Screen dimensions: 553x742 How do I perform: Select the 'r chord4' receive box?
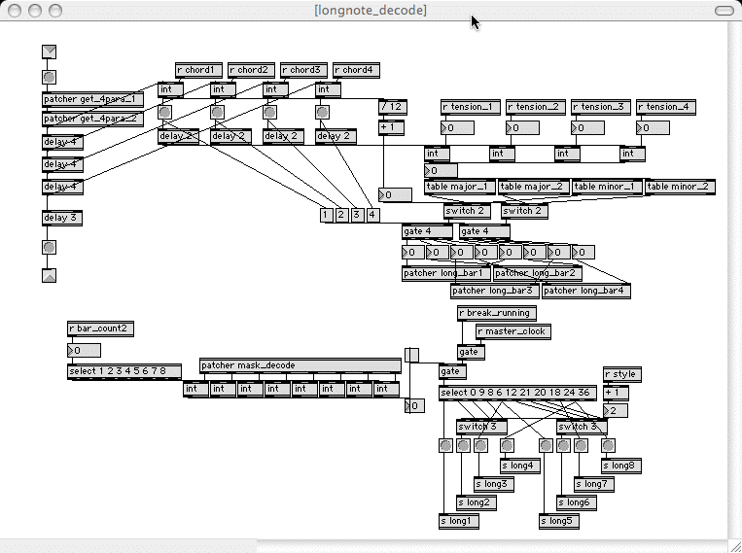pos(357,70)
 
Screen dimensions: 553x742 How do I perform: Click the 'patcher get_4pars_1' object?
pos(92,99)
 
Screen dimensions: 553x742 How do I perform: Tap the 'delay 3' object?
pos(62,219)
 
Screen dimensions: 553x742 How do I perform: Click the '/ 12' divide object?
pos(392,106)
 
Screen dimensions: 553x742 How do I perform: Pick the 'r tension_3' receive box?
pos(601,107)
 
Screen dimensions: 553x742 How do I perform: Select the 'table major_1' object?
pos(460,187)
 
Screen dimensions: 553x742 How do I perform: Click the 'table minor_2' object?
pos(680,187)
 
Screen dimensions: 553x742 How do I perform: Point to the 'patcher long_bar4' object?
pos(586,291)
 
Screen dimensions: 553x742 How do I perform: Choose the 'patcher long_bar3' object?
pos(494,291)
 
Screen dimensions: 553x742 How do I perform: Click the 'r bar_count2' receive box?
pos(100,329)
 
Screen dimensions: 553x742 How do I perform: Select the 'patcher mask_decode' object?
pos(300,365)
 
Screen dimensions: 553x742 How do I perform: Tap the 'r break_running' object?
pos(496,313)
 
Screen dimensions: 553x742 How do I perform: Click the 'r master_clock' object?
pos(512,331)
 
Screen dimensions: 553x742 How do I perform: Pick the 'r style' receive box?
pos(622,374)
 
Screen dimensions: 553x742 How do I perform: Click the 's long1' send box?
pos(459,521)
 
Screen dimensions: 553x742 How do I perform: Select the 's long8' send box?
pos(622,466)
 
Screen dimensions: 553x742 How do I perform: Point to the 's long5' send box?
pos(558,521)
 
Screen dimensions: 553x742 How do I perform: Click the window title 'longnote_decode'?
pos(370,10)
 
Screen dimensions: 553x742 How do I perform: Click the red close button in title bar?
pos(13,10)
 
